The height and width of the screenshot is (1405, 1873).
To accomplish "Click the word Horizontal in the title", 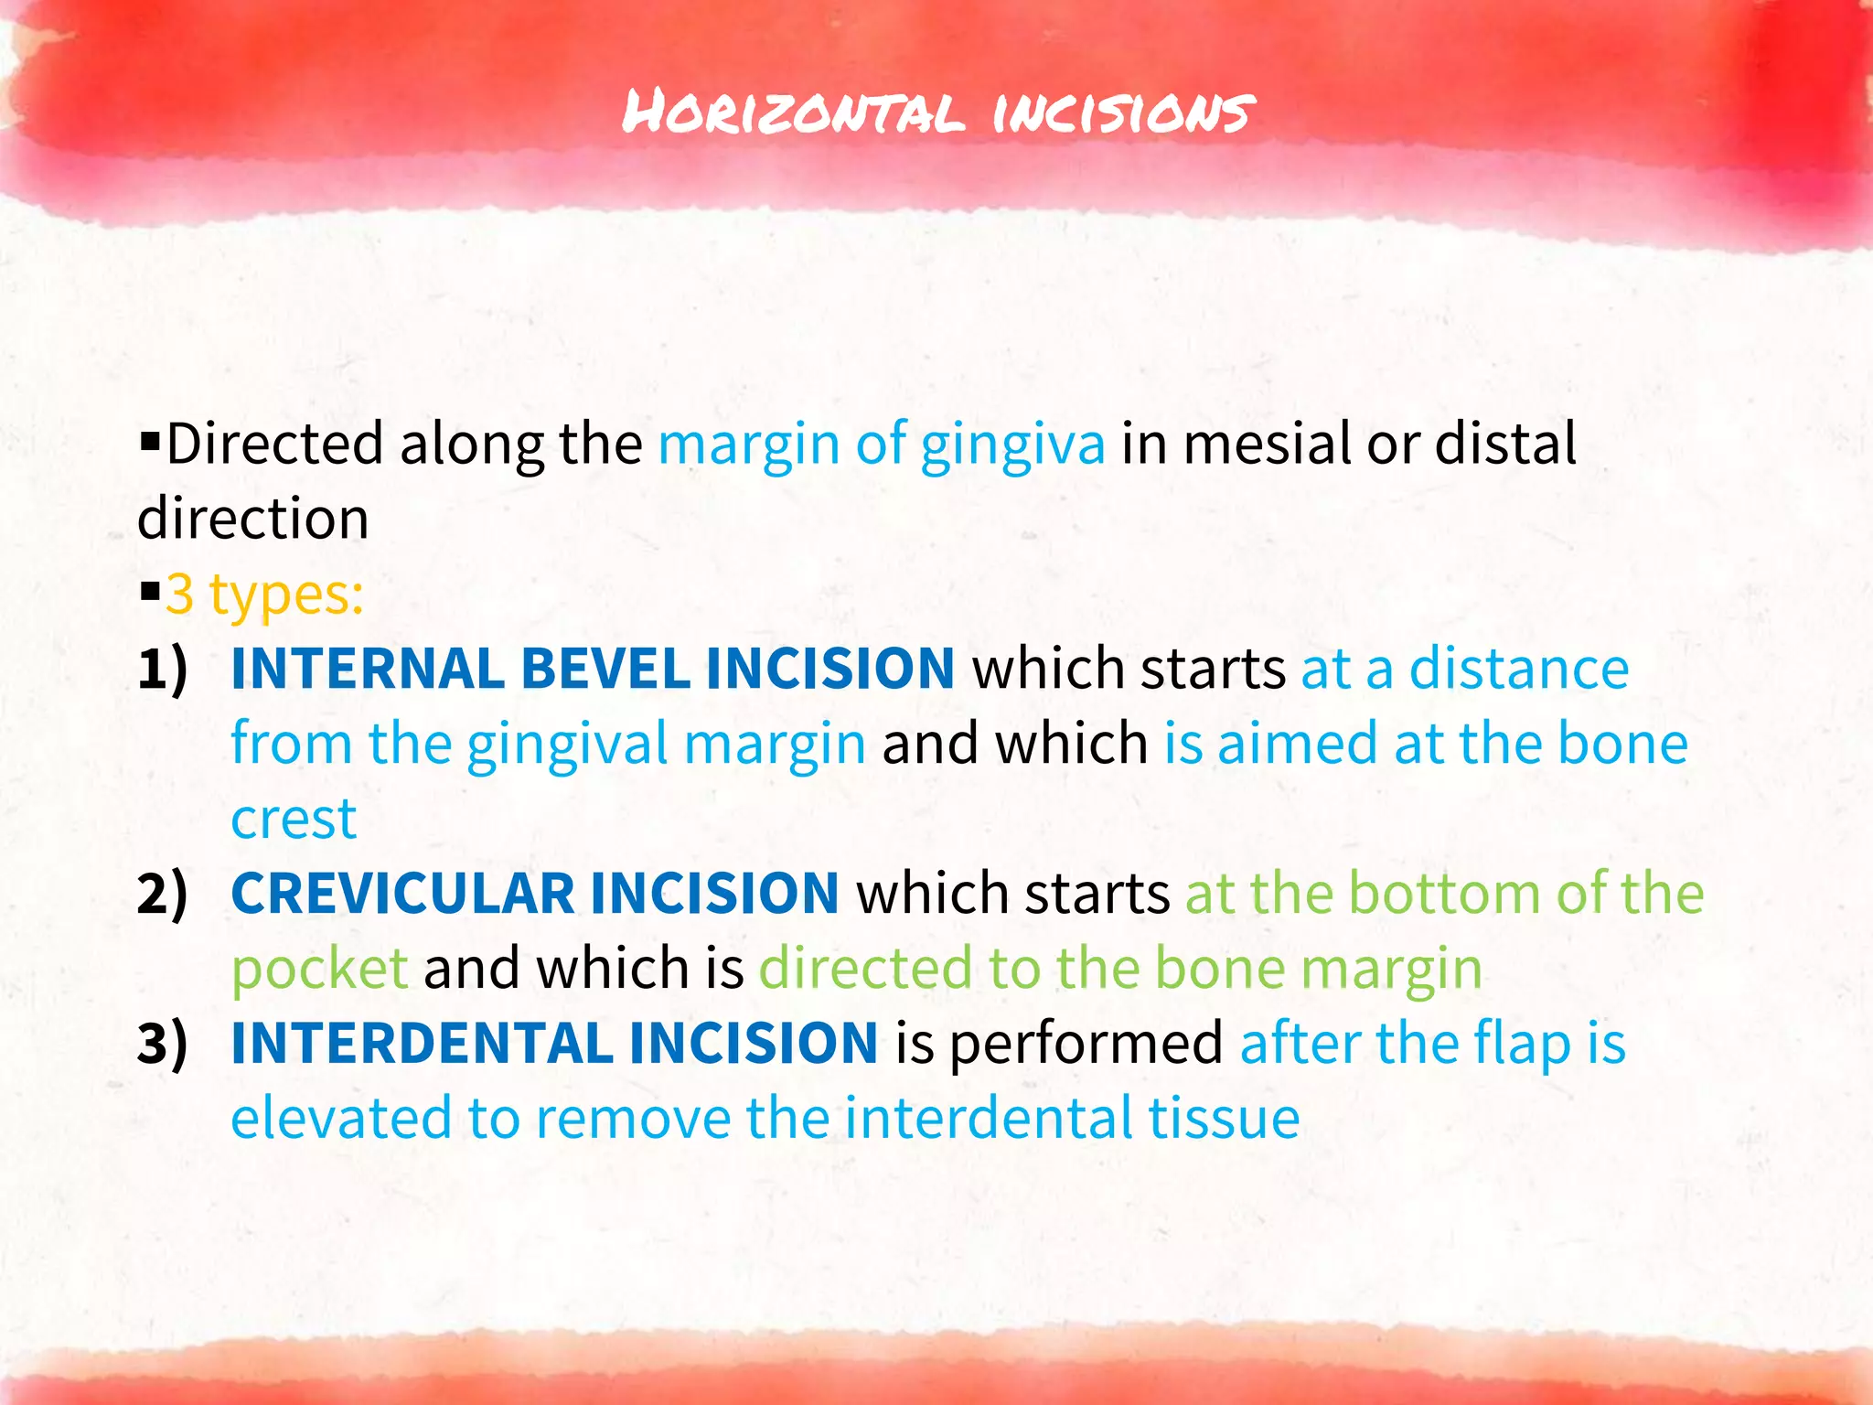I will click(792, 113).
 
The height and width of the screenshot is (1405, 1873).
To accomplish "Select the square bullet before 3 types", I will click(149, 594).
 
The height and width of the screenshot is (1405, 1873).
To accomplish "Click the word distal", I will click(1505, 444).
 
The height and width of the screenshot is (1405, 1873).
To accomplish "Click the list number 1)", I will click(163, 669).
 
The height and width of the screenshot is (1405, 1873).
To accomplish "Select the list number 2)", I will click(163, 894).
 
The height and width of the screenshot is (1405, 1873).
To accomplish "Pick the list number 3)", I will click(163, 1044).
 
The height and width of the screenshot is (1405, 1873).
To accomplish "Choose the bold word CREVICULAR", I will click(402, 894).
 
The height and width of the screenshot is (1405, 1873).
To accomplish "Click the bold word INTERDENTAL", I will click(421, 1044).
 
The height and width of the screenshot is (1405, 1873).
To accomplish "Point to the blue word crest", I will click(293, 819).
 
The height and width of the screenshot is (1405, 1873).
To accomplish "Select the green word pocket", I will click(319, 969).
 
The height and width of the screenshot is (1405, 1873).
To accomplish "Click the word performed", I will click(1086, 1044).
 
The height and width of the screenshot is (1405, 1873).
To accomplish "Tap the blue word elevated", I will click(340, 1119).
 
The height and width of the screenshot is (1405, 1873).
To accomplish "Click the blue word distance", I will click(1518, 669).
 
